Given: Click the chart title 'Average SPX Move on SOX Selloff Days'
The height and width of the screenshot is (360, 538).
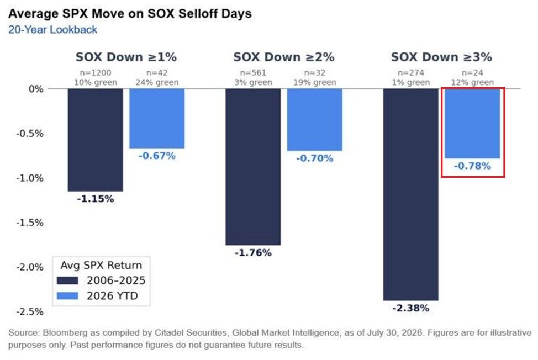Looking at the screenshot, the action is (130, 14).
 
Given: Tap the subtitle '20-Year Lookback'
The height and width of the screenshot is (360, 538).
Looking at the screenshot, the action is (53, 30).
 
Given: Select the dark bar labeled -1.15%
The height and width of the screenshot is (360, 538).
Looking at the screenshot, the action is (96, 140).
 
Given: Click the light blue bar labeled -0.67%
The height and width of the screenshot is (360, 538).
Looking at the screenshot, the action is (157, 119).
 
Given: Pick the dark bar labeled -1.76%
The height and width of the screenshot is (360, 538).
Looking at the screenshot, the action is (253, 167).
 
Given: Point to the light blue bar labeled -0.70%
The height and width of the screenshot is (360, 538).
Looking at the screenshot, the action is (315, 120).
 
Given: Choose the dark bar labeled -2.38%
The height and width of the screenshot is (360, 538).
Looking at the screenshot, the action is (411, 195).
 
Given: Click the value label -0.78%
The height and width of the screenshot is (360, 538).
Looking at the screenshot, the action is (472, 166).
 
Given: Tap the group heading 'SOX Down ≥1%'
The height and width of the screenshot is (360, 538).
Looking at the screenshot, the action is (126, 57).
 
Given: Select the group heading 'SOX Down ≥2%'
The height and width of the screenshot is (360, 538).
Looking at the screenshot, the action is (284, 57).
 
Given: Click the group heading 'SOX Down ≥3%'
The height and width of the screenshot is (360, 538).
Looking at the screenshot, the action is (441, 57).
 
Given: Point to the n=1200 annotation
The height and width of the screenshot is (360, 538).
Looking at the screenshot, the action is (96, 73).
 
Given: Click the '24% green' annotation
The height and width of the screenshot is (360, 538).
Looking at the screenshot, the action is (157, 82).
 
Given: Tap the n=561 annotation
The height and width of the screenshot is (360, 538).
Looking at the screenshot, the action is (253, 73).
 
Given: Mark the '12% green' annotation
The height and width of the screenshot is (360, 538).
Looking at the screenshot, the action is (472, 82).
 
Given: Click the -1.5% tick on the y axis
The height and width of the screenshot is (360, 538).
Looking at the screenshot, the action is (30, 223).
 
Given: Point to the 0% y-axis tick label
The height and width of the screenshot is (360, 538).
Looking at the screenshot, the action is (36, 89).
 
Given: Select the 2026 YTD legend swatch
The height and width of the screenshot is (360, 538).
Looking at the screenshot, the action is (67, 296).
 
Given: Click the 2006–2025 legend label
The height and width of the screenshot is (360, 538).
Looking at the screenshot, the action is (116, 280).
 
